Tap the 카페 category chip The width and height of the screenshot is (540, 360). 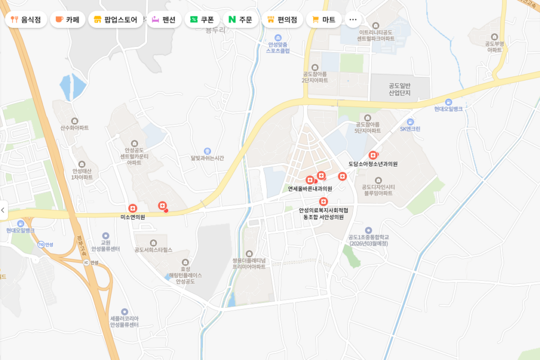67,20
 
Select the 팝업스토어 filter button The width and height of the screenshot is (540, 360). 115,20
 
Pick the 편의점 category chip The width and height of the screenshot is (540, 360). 282,20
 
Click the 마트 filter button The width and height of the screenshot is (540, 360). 324,20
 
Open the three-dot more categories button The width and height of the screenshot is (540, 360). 353,20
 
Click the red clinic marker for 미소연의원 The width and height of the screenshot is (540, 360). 132,208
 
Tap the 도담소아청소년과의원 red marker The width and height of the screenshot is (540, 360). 373,155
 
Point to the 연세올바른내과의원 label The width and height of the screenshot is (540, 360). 310,189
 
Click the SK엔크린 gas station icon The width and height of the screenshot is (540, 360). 410,122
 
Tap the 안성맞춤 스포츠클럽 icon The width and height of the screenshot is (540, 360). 278,37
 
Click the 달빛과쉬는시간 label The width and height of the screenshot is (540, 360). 207,158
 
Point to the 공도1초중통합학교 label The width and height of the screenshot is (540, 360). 368,240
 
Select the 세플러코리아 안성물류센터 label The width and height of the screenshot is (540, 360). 124,322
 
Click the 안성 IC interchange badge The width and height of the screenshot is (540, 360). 86,262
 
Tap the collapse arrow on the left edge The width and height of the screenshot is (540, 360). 3,210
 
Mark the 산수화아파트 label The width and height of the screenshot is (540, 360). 74,128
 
